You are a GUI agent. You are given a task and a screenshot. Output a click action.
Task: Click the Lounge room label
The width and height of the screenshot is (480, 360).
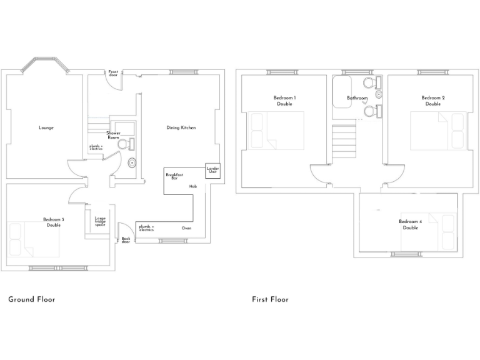point(46,127)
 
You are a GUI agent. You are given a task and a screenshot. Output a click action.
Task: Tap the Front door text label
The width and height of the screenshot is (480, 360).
point(113,73)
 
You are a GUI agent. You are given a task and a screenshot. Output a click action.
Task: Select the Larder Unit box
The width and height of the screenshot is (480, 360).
point(212,171)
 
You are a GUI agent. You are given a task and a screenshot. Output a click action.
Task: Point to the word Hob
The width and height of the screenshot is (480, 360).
point(193,186)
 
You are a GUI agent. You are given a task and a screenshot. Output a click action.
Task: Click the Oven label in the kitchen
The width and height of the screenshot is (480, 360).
point(186,228)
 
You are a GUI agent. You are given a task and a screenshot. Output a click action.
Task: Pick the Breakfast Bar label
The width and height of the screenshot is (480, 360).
point(174,176)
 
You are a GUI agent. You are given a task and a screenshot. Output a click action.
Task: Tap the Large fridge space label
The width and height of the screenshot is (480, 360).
point(100,222)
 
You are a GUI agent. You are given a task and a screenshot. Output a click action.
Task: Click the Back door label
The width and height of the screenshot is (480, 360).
point(126,240)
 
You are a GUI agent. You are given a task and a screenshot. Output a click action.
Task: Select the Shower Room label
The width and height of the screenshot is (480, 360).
point(113,135)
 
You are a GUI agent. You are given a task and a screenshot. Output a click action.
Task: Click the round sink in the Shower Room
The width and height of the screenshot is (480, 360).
point(132,163)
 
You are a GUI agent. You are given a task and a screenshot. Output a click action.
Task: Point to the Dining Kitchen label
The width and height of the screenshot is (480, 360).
point(181,127)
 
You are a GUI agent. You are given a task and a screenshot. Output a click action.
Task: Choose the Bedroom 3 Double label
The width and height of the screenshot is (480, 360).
point(54,222)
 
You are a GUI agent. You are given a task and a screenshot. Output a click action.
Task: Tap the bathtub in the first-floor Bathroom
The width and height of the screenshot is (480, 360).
point(342,92)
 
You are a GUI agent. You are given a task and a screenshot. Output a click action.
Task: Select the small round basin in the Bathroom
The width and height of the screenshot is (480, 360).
point(379,94)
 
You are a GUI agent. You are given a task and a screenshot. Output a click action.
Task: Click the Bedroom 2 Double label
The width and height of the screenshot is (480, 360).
point(433,101)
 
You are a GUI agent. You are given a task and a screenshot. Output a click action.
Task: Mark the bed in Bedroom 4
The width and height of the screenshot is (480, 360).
point(429,232)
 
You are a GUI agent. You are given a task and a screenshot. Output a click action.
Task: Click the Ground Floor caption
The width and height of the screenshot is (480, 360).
point(32,299)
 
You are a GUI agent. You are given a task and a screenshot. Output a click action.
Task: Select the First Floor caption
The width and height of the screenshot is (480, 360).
point(270,299)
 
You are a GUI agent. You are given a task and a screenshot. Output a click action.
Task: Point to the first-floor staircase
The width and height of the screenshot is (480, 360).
point(344,141)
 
